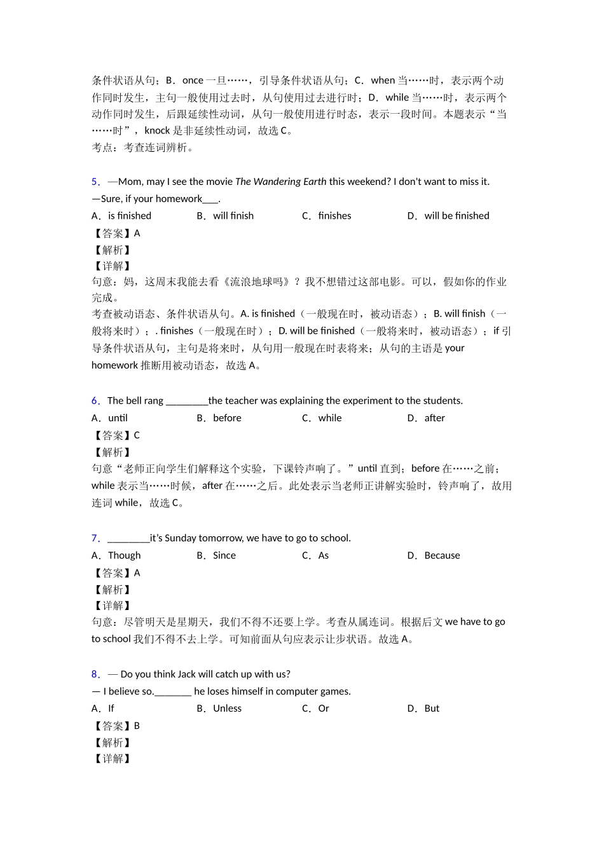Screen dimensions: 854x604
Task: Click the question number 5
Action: tap(95, 182)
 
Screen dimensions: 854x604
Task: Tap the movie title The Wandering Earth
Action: tap(280, 182)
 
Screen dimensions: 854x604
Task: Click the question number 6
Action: tap(95, 401)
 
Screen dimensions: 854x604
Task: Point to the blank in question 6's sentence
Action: tap(186, 401)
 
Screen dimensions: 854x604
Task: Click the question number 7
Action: tap(95, 538)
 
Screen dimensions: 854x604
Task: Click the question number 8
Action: tap(95, 674)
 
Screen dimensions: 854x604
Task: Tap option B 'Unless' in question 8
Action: tap(227, 708)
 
